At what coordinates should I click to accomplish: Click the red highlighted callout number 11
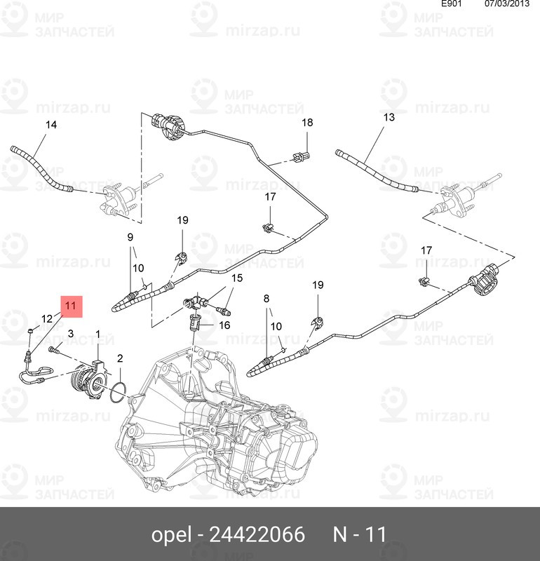point(71,306)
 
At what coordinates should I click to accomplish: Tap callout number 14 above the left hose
point(51,125)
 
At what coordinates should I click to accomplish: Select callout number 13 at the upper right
point(389,117)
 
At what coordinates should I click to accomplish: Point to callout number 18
point(307,122)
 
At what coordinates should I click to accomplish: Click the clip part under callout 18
point(302,156)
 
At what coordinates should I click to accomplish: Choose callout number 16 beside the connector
point(224,325)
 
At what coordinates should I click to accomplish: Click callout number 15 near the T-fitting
point(237,278)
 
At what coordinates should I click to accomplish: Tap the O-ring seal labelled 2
point(118,392)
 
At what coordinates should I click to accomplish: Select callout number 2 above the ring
point(120,358)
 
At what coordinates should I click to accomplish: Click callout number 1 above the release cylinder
point(97,335)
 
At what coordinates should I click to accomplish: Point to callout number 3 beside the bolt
point(71,334)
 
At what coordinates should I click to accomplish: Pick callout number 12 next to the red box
point(47,318)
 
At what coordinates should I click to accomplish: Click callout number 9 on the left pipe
point(130,237)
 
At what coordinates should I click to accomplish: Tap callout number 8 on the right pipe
point(266,299)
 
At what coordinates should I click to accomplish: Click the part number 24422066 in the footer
point(257,534)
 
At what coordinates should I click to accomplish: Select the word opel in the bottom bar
point(171,535)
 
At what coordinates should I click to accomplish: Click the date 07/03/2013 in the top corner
point(507,4)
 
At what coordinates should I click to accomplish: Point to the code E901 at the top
point(451,4)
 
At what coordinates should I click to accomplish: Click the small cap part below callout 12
point(31,331)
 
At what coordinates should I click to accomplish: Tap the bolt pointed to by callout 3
point(54,349)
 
